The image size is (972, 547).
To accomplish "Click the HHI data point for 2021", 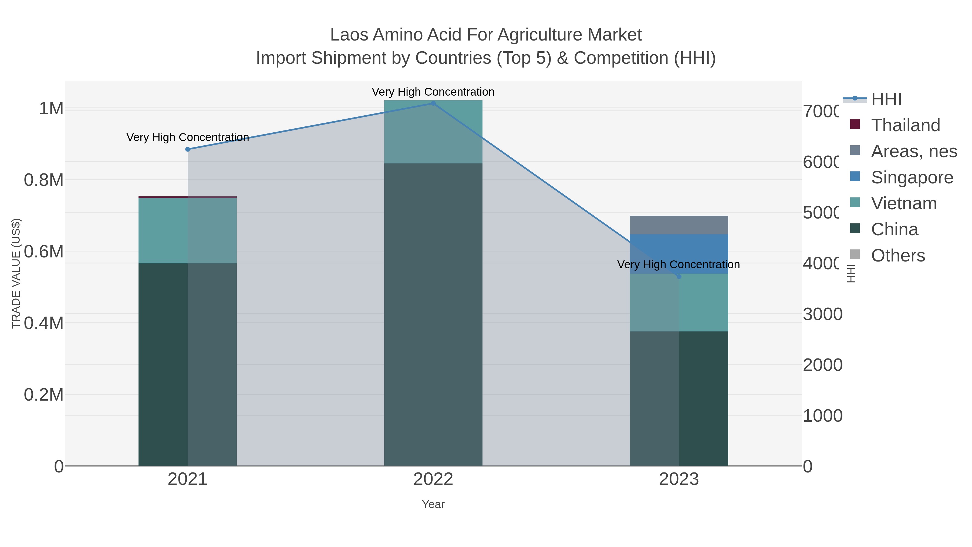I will pyautogui.click(x=188, y=149).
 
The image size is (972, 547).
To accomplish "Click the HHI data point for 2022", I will pyautogui.click(x=433, y=103).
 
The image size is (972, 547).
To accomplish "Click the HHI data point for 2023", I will pyautogui.click(x=679, y=277).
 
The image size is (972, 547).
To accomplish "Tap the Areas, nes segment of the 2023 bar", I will pyautogui.click(x=679, y=225).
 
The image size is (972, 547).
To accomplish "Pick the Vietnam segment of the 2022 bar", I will pyautogui.click(x=433, y=132).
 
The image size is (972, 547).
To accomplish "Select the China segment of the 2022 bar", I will pyautogui.click(x=433, y=313).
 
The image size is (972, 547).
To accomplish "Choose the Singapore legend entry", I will pyautogui.click(x=912, y=177).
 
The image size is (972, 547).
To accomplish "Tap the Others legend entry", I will pyautogui.click(x=898, y=256).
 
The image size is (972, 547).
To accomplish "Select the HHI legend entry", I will pyautogui.click(x=886, y=99).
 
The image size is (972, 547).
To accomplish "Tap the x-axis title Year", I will pyautogui.click(x=433, y=504).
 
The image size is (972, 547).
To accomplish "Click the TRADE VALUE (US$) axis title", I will pyautogui.click(x=16, y=273).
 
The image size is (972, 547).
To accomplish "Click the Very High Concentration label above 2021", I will pyautogui.click(x=188, y=137).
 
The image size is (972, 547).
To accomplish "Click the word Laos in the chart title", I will pyautogui.click(x=349, y=35).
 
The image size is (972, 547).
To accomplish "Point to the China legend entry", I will pyautogui.click(x=894, y=230).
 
